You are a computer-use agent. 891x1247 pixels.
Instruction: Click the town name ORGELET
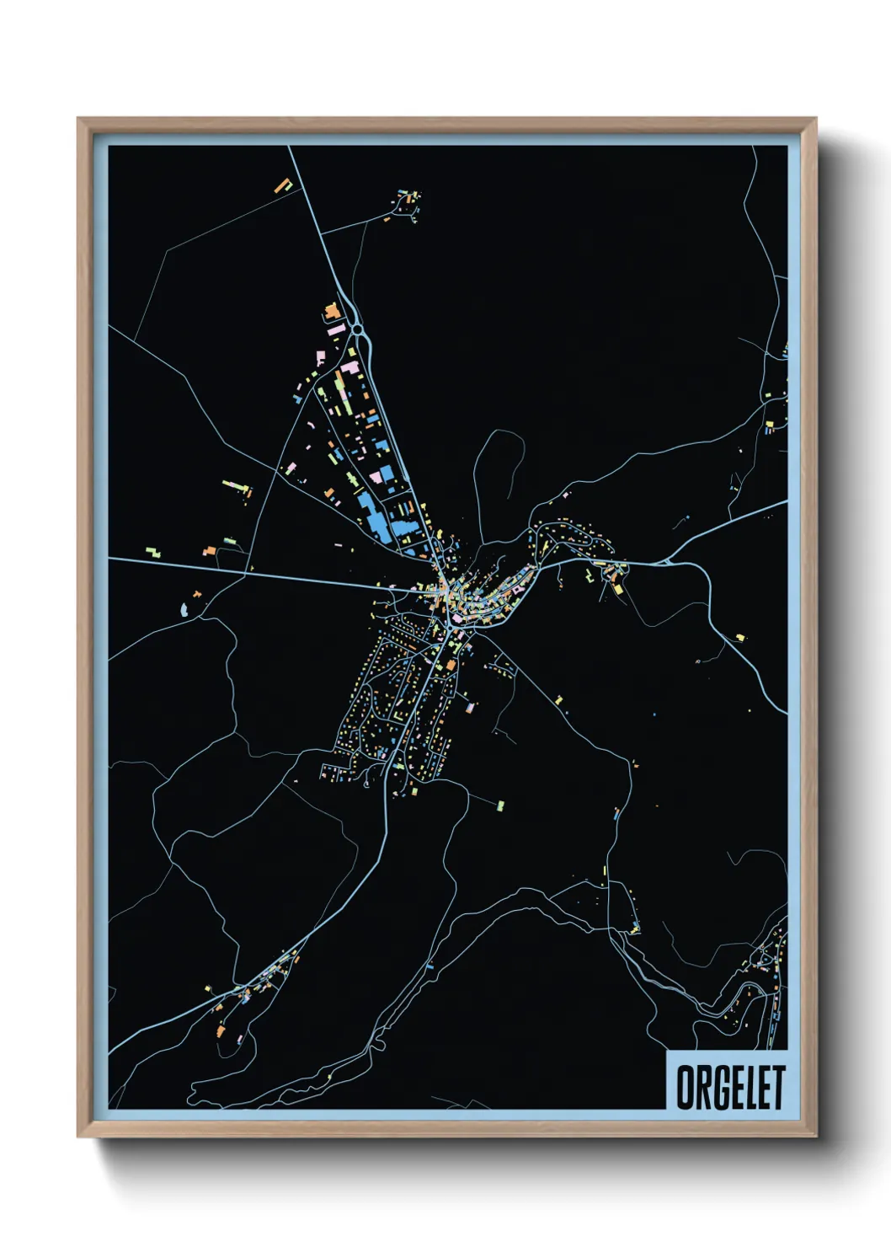point(730,1087)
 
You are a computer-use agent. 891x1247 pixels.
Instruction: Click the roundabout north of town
point(357,329)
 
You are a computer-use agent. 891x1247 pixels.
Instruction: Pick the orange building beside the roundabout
point(331,312)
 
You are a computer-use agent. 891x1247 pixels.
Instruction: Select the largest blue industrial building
point(371,516)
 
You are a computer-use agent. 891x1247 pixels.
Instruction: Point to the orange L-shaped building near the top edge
point(283,185)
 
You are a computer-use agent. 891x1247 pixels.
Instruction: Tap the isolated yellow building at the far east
point(740,638)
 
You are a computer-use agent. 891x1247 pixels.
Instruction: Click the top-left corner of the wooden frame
point(78,120)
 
